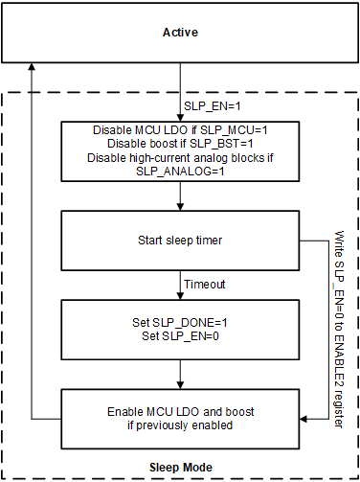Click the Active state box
[x=180, y=48]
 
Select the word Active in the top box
[x=180, y=34]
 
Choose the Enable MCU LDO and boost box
[x=180, y=418]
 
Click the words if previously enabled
[x=180, y=425]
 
